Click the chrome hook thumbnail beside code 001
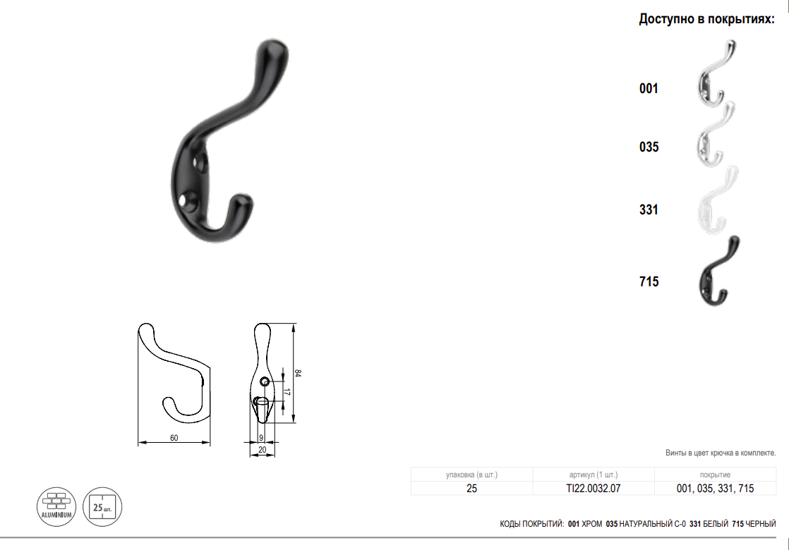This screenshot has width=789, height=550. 713,75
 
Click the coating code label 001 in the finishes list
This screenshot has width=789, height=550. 649,89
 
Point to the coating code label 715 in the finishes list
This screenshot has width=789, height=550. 649,281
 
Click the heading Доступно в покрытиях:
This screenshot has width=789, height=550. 707,19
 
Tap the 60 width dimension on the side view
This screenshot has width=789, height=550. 174,438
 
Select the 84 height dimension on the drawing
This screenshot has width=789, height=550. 298,373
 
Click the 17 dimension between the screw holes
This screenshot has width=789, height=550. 287,392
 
